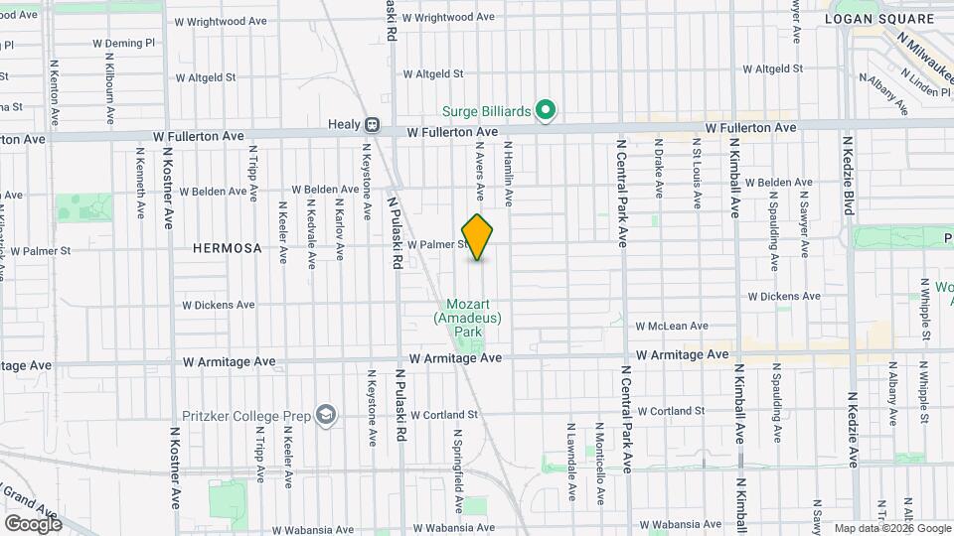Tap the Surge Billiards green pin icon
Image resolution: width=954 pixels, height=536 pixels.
(545, 110)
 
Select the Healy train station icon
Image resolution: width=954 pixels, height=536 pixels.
(371, 125)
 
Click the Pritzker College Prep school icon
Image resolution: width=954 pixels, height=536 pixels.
(325, 413)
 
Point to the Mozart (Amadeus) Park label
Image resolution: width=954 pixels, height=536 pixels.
(467, 319)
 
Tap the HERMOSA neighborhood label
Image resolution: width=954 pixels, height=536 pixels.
(228, 249)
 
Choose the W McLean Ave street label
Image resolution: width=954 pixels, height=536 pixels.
(672, 326)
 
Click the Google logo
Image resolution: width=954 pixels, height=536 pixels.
(33, 523)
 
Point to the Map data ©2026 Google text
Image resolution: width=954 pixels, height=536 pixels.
(891, 528)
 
